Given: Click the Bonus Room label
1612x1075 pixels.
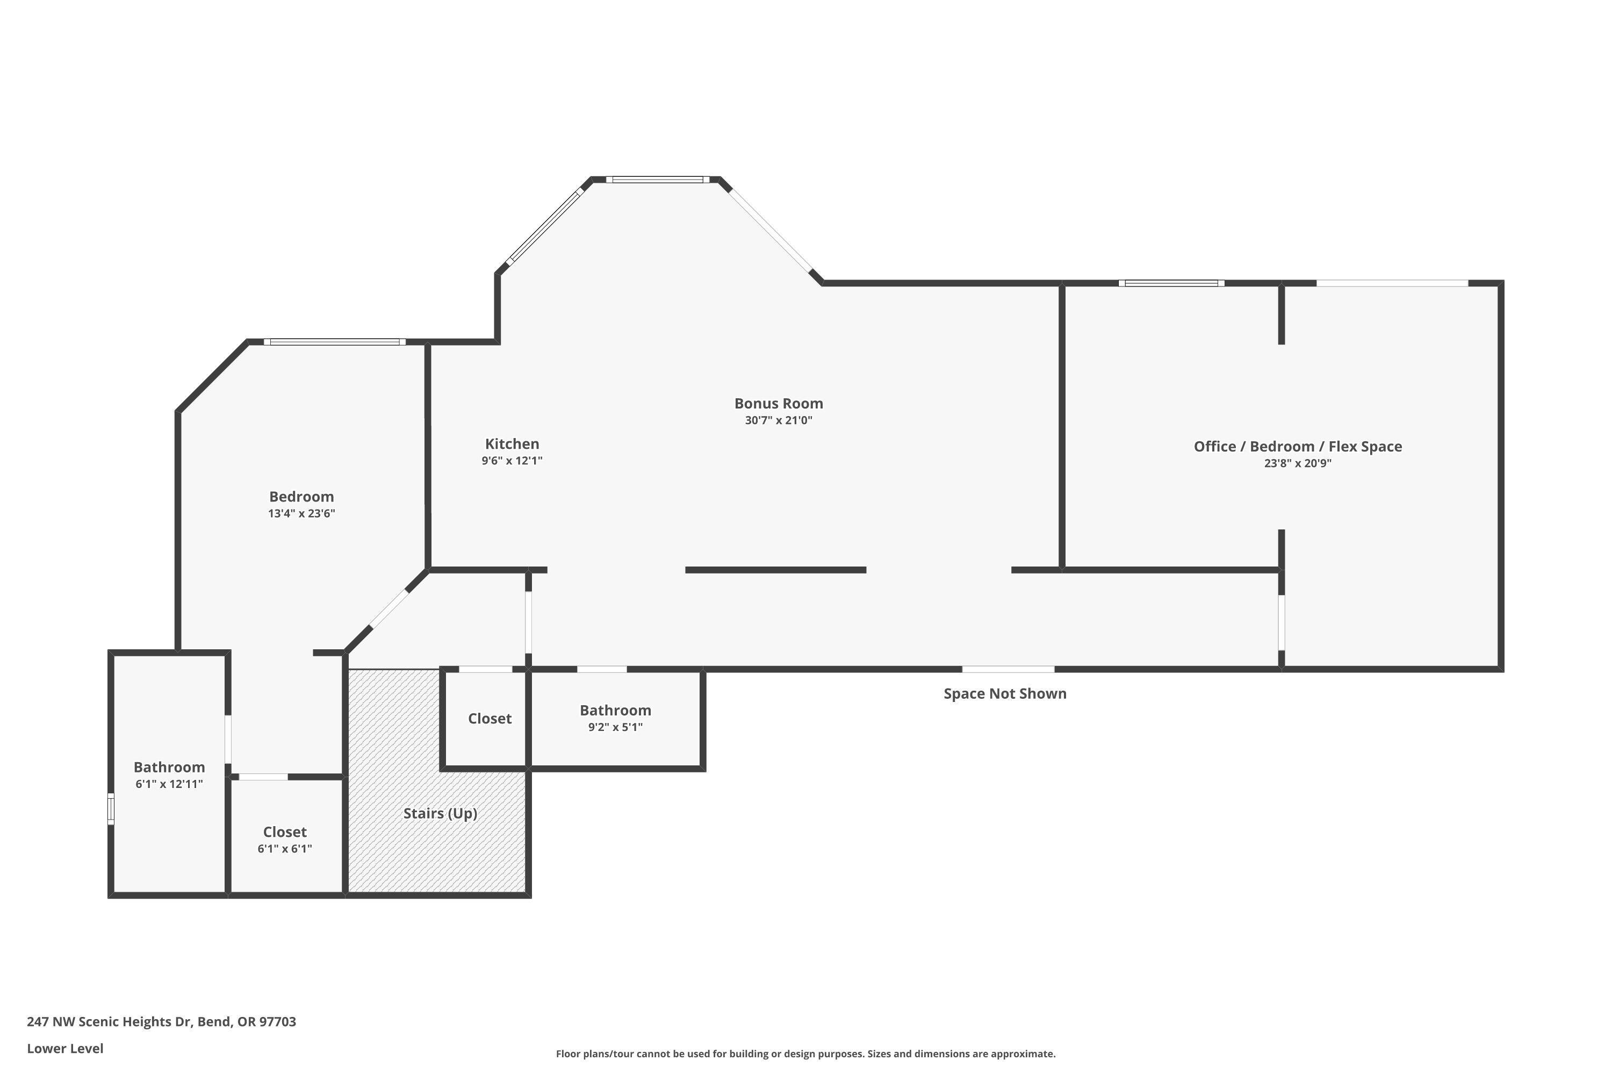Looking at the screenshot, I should (x=778, y=404).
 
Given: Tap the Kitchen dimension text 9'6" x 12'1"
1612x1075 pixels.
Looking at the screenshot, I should (x=512, y=461).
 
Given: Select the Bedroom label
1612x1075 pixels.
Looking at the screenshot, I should (x=301, y=496).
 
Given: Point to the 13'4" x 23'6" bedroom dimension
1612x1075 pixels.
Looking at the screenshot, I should (x=301, y=513).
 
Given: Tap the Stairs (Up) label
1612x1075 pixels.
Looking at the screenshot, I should (x=440, y=813).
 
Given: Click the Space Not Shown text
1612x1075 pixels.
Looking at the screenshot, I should (x=1004, y=693).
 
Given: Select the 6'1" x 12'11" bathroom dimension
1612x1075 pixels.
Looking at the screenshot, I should (x=169, y=784).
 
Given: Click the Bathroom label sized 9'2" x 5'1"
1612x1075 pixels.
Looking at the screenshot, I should (x=615, y=710).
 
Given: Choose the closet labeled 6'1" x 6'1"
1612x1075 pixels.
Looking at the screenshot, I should (x=284, y=832).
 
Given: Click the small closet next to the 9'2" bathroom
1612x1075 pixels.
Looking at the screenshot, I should (x=490, y=719).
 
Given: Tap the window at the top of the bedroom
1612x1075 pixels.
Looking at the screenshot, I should (x=334, y=342).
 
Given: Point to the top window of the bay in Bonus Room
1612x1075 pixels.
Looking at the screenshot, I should (x=657, y=180).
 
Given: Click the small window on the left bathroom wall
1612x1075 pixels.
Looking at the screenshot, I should (x=110, y=809).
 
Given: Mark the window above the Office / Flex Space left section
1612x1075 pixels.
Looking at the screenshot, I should (x=1171, y=283).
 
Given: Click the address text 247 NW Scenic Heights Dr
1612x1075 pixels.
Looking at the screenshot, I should (x=161, y=1022).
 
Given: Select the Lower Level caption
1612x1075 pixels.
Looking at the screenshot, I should (x=65, y=1048).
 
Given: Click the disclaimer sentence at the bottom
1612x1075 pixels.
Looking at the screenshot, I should (x=805, y=1053).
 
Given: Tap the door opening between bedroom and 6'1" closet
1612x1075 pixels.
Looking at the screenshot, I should (x=263, y=777).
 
